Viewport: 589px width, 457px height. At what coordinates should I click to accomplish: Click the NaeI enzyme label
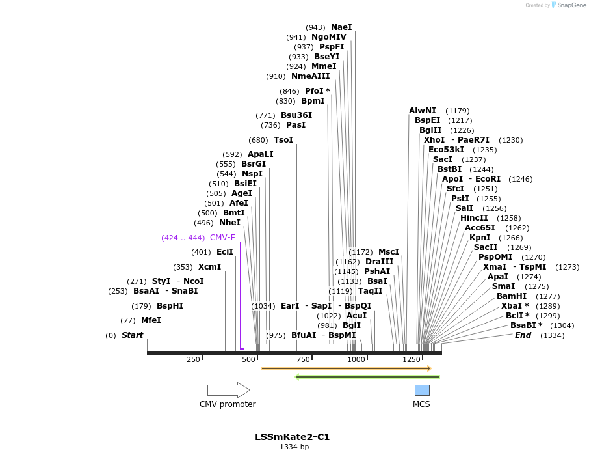pos(341,27)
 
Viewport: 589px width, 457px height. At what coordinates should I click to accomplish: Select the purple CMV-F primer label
pos(222,238)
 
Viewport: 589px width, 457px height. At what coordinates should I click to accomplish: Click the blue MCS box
pos(422,390)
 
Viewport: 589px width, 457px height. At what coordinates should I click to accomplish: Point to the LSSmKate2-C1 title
pos(292,437)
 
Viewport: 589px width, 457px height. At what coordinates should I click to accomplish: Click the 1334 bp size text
pos(294,447)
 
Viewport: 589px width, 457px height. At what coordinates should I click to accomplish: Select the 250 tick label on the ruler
pos(193,359)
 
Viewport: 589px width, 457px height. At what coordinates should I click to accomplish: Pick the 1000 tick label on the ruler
pos(356,359)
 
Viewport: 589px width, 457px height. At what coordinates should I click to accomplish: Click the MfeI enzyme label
pos(151,320)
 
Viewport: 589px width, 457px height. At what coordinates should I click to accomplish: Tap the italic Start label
pos(132,335)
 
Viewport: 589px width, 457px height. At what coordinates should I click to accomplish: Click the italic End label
pos(523,335)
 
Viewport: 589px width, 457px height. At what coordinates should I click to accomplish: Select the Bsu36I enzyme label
pos(296,115)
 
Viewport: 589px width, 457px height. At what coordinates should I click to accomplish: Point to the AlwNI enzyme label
pos(423,111)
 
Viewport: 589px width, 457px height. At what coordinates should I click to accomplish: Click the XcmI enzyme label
pos(209,267)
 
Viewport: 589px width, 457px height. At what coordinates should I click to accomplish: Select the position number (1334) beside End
pos(553,335)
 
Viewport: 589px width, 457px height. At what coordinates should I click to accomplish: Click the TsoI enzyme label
pos(283,140)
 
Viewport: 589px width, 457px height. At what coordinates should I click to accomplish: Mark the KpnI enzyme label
pos(480,238)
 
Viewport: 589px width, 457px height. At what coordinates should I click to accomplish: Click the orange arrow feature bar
pos(346,368)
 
